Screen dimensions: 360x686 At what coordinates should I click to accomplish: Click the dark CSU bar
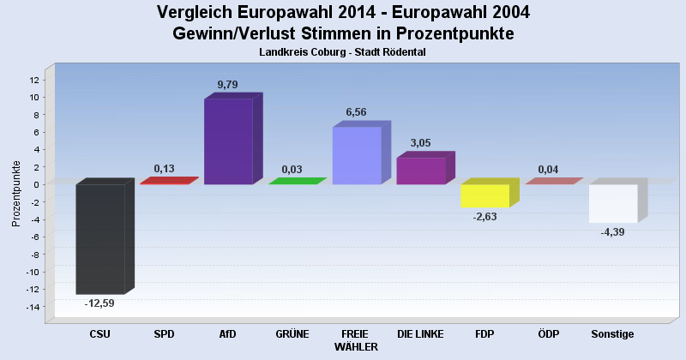pos(100,239)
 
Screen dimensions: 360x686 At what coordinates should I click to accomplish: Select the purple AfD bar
pos(228,141)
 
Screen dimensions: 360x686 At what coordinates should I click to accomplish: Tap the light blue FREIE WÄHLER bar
pos(356,155)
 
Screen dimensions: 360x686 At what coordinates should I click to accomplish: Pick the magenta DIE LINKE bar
pos(420,171)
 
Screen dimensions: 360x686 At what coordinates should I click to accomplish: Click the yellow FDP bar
pos(484,195)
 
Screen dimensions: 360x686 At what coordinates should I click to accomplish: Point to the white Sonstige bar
pos(612,203)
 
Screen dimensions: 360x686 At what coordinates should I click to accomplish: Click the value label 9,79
pos(228,84)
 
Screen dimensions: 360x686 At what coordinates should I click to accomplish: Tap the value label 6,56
pos(356,112)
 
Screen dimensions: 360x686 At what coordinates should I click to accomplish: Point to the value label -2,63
pos(484,216)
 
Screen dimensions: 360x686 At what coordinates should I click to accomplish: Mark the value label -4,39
pos(612,231)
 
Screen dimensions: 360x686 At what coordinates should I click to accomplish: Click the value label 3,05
pos(420,143)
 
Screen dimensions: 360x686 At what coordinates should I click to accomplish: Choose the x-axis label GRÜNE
pos(292,333)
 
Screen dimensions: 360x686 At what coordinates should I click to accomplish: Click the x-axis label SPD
pos(164,333)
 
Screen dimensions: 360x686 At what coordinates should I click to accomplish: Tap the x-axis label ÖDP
pos(548,333)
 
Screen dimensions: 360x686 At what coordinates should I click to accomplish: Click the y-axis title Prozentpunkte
pos(16,193)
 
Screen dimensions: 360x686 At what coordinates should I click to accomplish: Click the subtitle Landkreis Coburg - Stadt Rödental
pos(342,52)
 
